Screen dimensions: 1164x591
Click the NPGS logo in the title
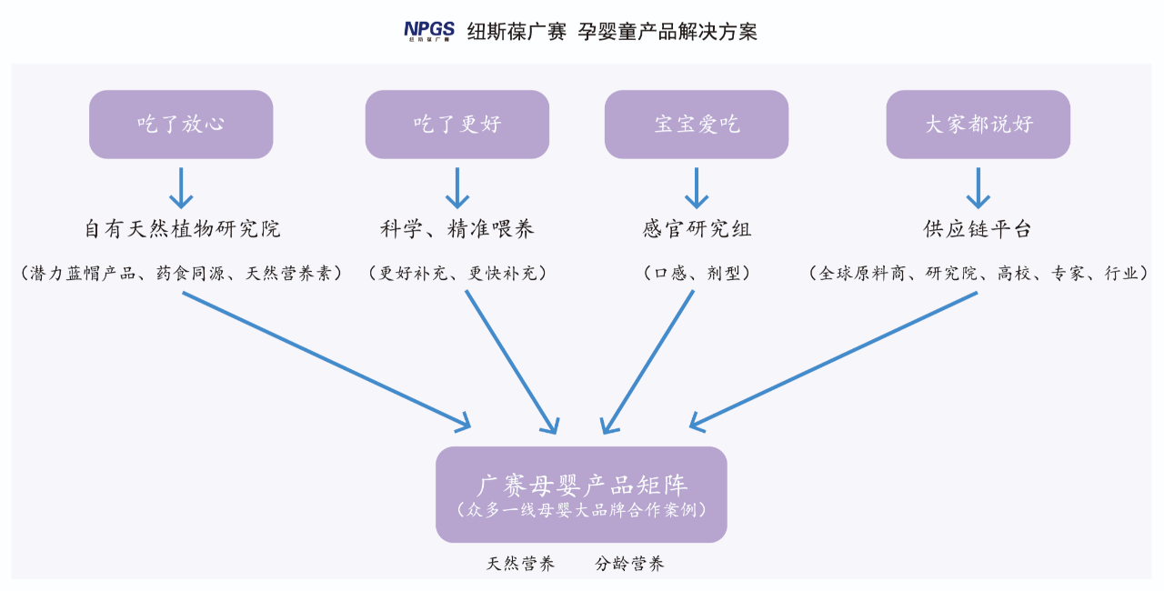429,31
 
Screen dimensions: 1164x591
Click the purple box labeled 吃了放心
181,125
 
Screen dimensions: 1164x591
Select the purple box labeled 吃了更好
457,125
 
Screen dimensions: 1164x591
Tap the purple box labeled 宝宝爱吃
697,125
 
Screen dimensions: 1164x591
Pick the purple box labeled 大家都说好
978,125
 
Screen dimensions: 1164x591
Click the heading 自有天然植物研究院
183,229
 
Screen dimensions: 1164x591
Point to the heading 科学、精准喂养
457,229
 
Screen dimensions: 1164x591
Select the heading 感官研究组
697,229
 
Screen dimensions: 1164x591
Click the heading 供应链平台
978,229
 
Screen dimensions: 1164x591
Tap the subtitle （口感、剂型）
697,273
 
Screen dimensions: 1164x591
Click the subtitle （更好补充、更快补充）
457,273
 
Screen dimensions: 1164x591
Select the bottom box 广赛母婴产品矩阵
581,495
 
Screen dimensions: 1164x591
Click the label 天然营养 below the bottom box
521,564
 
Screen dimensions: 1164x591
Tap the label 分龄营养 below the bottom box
629,564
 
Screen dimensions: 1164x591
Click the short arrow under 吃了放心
181,188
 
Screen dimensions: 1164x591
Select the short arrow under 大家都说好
978,188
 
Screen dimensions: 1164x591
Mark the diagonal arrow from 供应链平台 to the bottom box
834,360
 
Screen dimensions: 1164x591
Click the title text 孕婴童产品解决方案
667,32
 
